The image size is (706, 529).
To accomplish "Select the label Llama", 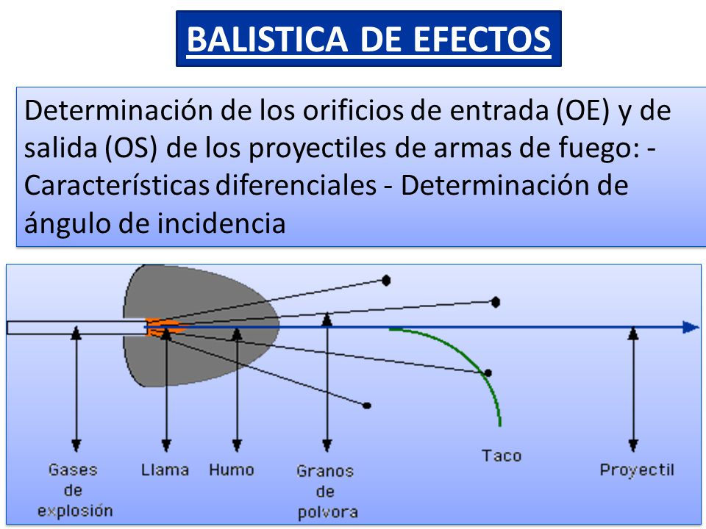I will [165, 469].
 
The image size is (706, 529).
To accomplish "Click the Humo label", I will [232, 469].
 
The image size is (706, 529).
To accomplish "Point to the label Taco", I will [502, 456].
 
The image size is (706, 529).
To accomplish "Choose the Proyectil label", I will [637, 470].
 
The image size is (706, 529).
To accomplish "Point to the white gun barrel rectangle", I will [74, 328].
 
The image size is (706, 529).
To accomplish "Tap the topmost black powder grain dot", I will [386, 280].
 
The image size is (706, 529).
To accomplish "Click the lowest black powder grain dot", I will [366, 405].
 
